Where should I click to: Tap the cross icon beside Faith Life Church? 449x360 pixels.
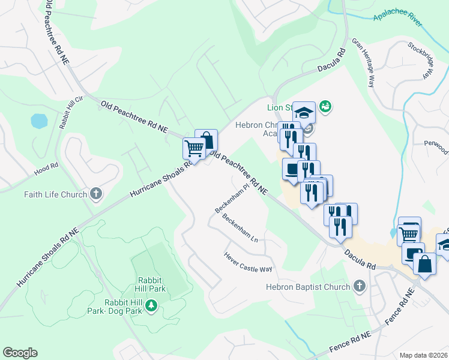click(95, 194)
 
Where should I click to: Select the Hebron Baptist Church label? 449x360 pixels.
click(308, 287)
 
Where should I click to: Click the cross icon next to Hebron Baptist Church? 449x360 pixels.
click(360, 286)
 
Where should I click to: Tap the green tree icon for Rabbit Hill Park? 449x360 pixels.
click(152, 306)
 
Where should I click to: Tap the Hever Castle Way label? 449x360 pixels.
click(248, 262)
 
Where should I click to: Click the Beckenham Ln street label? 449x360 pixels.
click(240, 229)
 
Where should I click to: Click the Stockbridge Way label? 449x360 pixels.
click(421, 60)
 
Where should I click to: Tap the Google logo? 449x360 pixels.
click(20, 353)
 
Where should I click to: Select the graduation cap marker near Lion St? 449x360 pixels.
click(304, 113)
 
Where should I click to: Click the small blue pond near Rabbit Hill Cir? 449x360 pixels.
click(39, 121)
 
